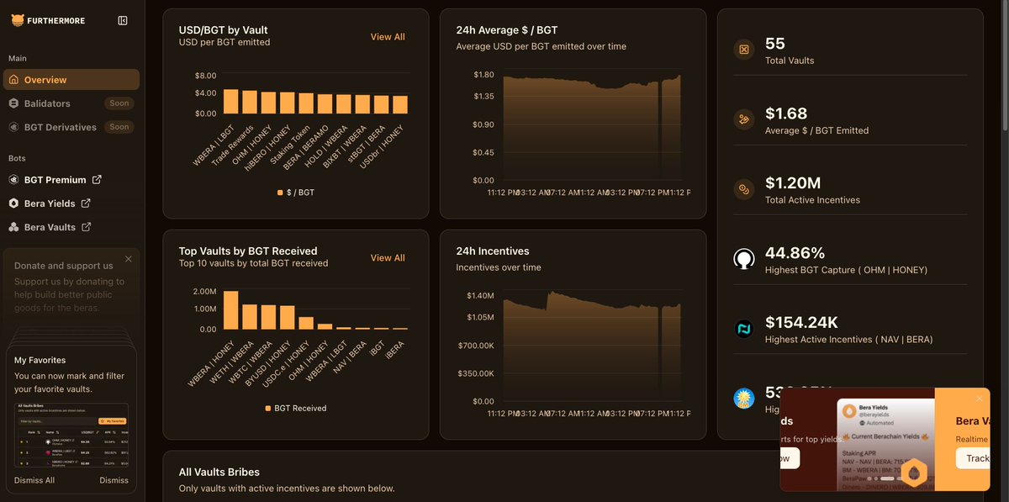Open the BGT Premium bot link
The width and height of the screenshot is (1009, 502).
click(55, 180)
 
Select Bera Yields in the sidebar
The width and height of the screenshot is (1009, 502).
click(50, 203)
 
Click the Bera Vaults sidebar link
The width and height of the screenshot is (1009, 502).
click(50, 227)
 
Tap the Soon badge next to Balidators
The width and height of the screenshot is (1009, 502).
click(119, 103)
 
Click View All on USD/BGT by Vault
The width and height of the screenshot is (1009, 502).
click(388, 37)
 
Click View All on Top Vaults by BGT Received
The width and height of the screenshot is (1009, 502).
click(388, 258)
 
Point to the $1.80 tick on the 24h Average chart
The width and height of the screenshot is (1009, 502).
click(483, 75)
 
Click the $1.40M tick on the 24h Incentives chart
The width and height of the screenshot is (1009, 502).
click(480, 296)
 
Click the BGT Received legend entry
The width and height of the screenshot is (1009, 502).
click(296, 409)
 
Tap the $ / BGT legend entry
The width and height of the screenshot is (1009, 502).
click(296, 193)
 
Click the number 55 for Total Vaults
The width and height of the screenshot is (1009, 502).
click(775, 44)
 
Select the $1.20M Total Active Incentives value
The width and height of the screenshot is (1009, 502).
click(793, 183)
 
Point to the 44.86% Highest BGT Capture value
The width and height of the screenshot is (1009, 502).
click(795, 253)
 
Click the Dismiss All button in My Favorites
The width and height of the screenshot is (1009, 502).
click(34, 480)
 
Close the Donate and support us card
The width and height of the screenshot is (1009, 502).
click(129, 259)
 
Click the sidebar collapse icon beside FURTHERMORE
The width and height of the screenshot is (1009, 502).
click(123, 20)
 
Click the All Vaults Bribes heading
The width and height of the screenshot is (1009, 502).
click(219, 473)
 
